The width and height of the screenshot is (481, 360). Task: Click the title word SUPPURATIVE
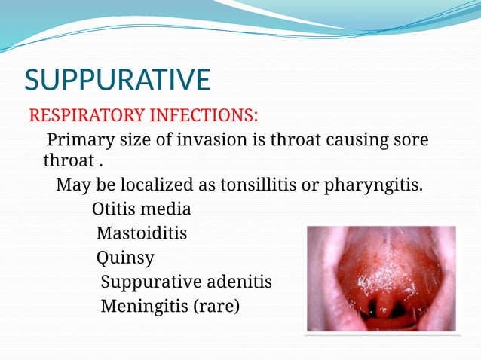coord(118,81)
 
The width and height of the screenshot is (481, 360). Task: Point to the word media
coord(169,209)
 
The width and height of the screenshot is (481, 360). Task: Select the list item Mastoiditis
coord(142,233)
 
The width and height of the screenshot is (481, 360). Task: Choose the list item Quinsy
coord(125,258)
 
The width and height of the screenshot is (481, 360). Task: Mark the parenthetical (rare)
coord(216,307)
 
